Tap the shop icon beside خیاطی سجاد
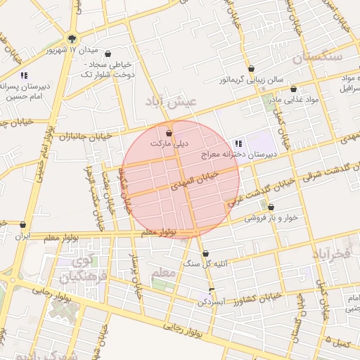[108, 53]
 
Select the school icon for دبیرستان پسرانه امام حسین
[24, 75]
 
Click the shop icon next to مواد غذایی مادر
[293, 89]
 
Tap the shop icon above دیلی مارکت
[169, 133]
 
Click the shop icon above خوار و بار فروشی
[271, 207]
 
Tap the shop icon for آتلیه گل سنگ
[205, 253]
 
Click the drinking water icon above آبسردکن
[212, 290]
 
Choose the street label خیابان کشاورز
[255, 297]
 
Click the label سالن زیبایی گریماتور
[250, 79]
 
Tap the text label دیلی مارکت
[169, 143]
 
